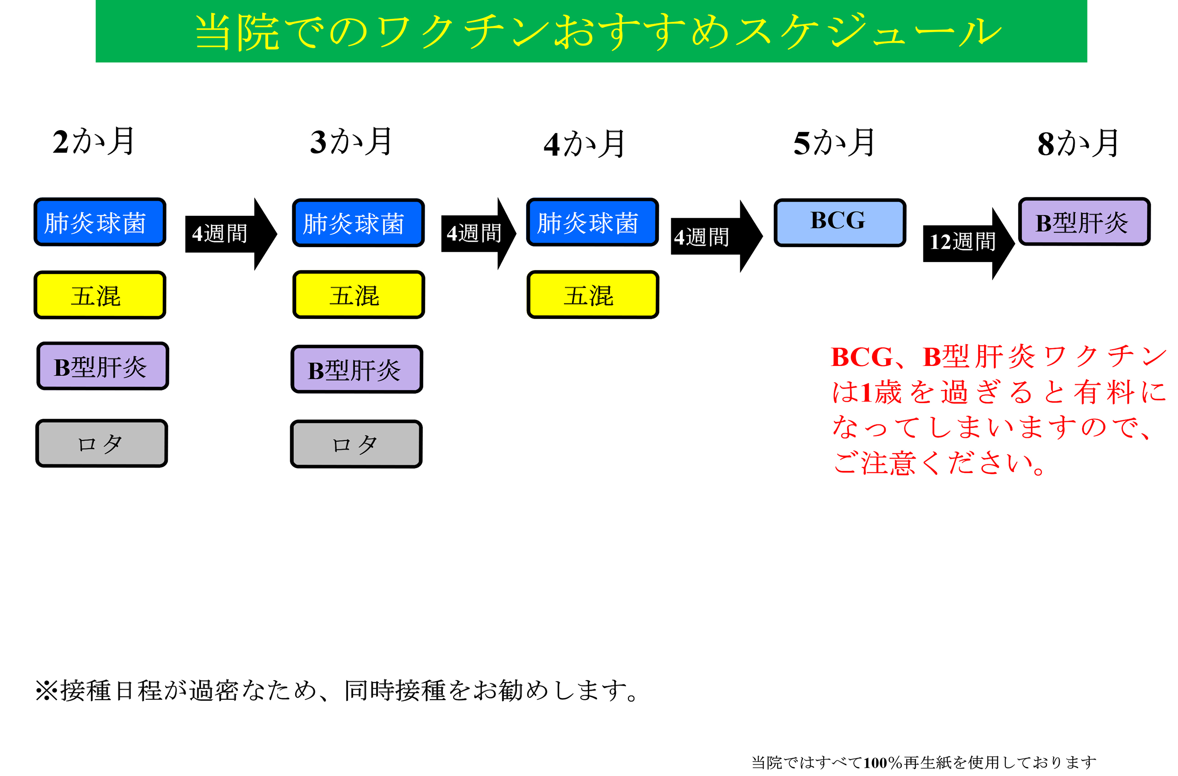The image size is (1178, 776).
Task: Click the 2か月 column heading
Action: [93, 142]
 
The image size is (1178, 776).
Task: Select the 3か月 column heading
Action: [351, 142]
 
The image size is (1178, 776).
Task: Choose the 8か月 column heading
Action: [1078, 144]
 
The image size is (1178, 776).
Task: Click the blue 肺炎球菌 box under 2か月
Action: [100, 222]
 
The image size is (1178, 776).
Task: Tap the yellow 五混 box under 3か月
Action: [359, 295]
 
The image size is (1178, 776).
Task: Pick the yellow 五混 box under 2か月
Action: [100, 295]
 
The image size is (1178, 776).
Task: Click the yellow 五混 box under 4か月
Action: [593, 295]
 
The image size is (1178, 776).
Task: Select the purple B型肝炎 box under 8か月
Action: [1085, 221]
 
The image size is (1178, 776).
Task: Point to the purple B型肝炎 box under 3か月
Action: [357, 369]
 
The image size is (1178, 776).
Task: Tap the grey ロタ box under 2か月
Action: [102, 443]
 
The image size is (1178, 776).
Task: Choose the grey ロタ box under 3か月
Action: [356, 444]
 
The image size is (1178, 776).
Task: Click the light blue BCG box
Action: [840, 222]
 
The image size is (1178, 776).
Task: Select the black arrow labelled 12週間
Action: [969, 244]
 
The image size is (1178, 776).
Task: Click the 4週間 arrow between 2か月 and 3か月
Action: [231, 234]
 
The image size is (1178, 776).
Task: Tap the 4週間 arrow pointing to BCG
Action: [717, 236]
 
